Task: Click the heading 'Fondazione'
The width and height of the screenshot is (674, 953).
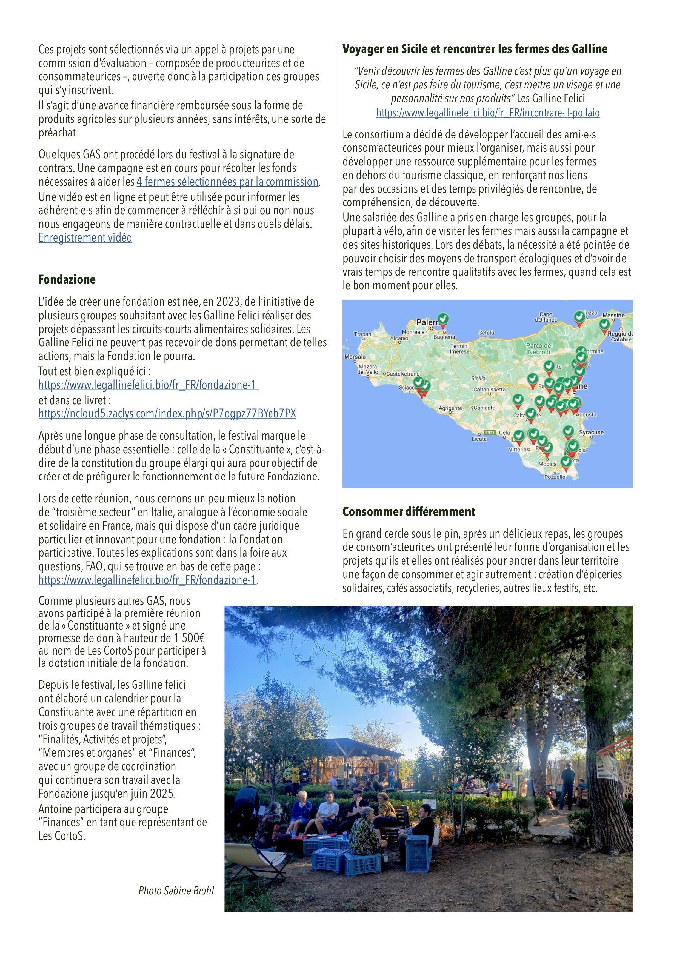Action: [67, 279]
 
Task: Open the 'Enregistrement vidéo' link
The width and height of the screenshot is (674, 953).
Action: [85, 238]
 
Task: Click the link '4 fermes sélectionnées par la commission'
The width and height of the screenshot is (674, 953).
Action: [227, 182]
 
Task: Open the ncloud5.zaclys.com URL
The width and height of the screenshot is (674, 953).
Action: [167, 413]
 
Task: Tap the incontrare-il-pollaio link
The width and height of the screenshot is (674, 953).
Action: [487, 113]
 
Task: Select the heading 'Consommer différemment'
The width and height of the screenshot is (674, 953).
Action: [408, 511]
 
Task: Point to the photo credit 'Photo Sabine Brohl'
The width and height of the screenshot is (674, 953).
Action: [176, 890]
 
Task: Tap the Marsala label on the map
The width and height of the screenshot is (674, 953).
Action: [354, 356]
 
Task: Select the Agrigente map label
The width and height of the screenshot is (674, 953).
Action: [450, 408]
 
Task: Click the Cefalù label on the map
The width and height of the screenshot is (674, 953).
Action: [486, 332]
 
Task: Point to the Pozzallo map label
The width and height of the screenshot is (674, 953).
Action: [554, 476]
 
